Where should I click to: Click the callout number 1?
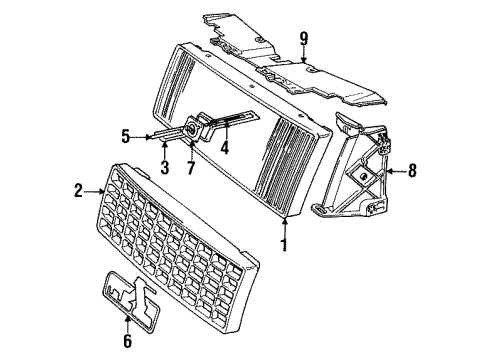[x=285, y=243]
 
